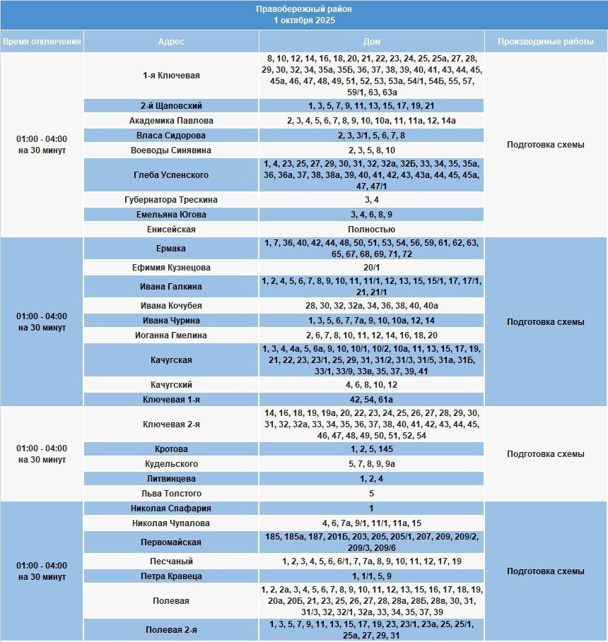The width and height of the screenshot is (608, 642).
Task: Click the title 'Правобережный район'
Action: click(304, 9)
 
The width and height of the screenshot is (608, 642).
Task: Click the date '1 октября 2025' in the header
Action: click(304, 20)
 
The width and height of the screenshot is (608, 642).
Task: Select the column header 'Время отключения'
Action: click(42, 42)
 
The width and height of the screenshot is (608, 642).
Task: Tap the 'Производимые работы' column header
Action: click(545, 42)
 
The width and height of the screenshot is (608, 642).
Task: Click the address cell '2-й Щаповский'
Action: click(171, 106)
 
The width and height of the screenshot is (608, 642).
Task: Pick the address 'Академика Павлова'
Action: click(171, 121)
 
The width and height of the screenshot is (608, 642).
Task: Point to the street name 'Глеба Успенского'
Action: click(171, 175)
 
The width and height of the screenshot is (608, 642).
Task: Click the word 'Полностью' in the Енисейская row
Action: click(371, 230)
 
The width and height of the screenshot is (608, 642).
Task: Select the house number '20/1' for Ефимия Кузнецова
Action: click(371, 268)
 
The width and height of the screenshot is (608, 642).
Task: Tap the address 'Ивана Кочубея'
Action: click(171, 306)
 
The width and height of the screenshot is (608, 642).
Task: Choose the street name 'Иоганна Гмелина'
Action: click(171, 335)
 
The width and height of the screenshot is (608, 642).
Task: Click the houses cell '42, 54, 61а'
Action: click(371, 400)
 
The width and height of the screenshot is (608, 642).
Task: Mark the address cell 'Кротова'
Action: click(171, 449)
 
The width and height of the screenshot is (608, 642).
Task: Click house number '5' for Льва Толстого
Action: click(371, 494)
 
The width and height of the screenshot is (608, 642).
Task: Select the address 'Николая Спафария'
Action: click(171, 509)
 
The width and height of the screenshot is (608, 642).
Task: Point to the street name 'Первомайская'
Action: click(171, 542)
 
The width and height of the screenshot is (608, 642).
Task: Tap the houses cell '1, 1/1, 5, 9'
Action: click(371, 576)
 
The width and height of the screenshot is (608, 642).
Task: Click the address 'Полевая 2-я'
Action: click(171, 630)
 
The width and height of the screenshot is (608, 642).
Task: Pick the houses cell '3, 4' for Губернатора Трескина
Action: click(371, 200)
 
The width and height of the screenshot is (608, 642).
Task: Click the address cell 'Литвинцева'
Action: click(171, 479)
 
